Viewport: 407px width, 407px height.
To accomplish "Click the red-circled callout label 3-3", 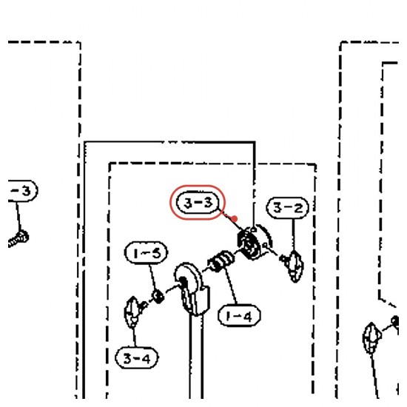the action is point(198,203).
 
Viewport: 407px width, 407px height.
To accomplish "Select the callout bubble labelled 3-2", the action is point(288,208).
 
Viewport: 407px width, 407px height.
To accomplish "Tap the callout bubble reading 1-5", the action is point(146,253).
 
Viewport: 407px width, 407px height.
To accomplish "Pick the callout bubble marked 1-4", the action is point(239,315).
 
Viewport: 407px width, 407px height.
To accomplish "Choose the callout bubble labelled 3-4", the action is point(137,357).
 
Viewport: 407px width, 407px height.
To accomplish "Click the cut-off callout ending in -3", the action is point(23,191).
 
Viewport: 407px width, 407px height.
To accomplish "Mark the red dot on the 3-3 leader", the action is point(234,219).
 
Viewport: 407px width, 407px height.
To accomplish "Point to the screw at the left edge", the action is point(18,239).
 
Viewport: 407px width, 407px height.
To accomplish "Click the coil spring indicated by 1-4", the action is point(221,261).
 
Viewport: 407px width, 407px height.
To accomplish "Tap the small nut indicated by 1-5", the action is point(158,296).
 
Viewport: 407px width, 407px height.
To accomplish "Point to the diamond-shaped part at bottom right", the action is point(371,338).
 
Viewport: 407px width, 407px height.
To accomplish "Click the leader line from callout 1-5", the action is point(152,277).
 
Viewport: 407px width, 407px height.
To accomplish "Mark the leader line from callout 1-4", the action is point(231,286).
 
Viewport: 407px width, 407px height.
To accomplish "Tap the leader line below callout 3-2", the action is point(293,235).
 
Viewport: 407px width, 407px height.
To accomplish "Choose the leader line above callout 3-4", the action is point(134,337).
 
